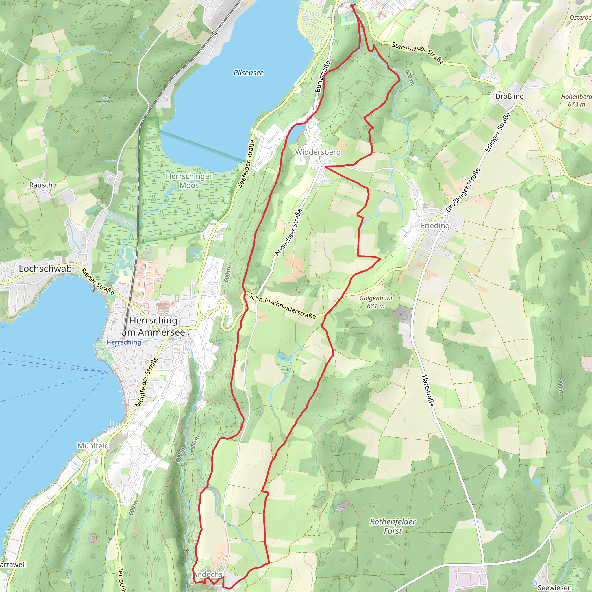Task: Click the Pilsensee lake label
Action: pyautogui.click(x=249, y=73)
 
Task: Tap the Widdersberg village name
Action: pyautogui.click(x=318, y=152)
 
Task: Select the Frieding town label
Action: pyautogui.click(x=435, y=226)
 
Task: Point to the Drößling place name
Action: pyautogui.click(x=510, y=96)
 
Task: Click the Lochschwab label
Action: pyautogui.click(x=45, y=269)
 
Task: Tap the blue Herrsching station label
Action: pyautogui.click(x=123, y=342)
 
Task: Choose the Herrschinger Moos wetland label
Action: pyautogui.click(x=189, y=181)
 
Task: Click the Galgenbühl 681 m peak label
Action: pyautogui.click(x=376, y=302)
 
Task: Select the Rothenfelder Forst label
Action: pyautogui.click(x=393, y=526)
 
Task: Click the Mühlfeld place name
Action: pyautogui.click(x=93, y=445)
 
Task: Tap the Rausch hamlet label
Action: pyautogui.click(x=41, y=185)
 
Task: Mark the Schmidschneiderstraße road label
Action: pyautogui.click(x=282, y=306)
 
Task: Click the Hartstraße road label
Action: pyautogui.click(x=428, y=391)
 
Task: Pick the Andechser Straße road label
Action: pyautogui.click(x=289, y=233)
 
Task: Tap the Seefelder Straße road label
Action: pyautogui.click(x=246, y=164)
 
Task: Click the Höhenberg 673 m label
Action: pyautogui.click(x=576, y=100)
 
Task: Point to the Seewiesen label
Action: pyautogui.click(x=554, y=587)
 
